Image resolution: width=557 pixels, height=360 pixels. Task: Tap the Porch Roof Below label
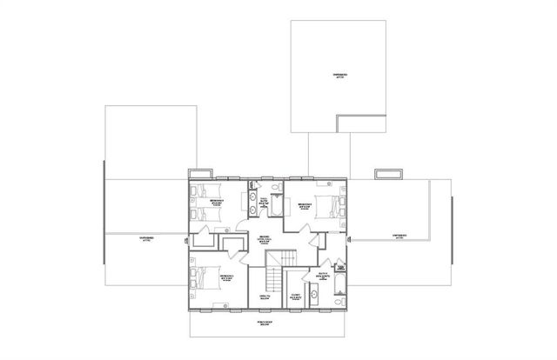pos(261,323)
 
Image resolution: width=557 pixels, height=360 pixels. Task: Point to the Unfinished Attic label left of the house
pos(144,237)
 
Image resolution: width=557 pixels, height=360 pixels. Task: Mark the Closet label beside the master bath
pos(295,296)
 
